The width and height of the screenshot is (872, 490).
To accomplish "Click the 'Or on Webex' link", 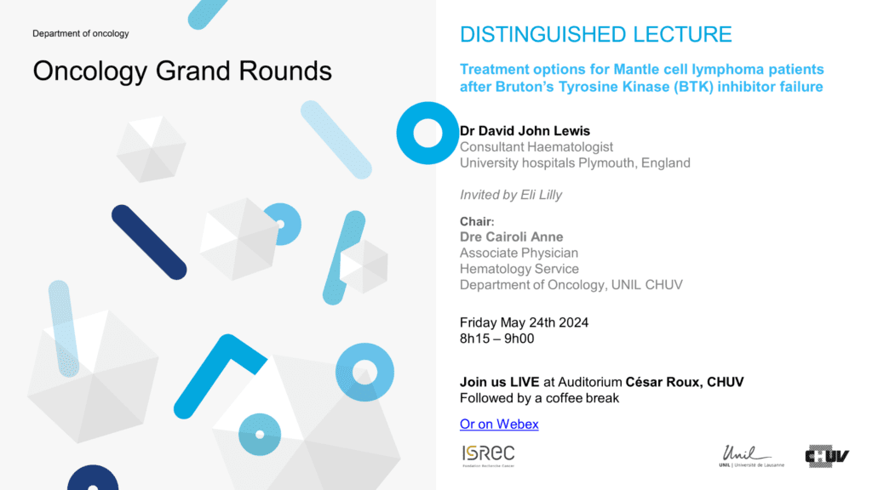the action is point(499,424).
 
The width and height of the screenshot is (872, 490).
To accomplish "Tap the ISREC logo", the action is point(488,456).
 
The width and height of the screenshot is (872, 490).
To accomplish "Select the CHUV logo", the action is point(827,456).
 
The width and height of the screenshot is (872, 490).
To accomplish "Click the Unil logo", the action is point(751,456).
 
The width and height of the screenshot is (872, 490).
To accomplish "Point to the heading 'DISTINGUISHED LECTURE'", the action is point(595,34).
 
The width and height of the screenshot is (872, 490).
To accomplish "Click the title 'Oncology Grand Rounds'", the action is point(182,71).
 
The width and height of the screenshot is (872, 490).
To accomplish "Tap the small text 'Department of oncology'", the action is point(81,33).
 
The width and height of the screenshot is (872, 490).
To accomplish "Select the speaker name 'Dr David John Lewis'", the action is point(525,130).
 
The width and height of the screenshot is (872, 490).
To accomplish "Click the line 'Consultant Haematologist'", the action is point(536,146).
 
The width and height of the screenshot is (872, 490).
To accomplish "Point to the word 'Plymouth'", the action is point(606,162).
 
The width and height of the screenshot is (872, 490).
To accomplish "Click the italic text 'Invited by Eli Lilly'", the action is point(511,195).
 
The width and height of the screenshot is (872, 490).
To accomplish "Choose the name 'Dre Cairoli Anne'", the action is point(511,236).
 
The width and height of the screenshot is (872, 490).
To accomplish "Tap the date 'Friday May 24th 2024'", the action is point(524,322).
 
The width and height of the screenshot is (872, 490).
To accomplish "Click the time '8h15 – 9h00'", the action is point(496,339).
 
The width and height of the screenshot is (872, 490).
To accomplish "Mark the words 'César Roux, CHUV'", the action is point(685,382).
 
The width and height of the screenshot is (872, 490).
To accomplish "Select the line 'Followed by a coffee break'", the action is point(539,398).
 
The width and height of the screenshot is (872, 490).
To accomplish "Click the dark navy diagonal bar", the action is point(149,242).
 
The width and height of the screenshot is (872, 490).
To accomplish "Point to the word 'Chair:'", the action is point(477,221).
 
